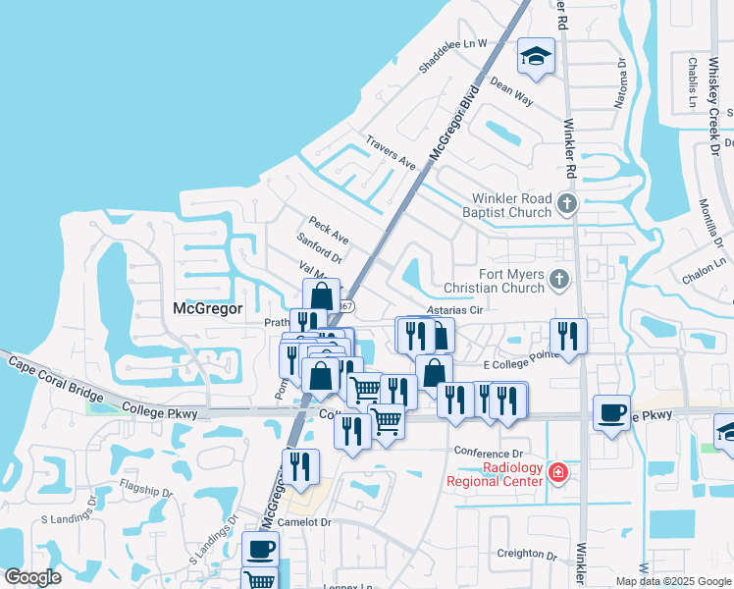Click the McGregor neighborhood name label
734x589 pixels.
click(x=207, y=308)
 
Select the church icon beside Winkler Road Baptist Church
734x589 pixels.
click(x=566, y=203)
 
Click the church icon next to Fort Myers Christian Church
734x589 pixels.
click(x=558, y=280)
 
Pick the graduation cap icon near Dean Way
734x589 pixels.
click(x=536, y=58)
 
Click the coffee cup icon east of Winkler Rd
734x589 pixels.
click(x=612, y=411)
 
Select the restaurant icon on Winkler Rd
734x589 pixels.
click(x=568, y=336)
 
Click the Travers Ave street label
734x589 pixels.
click(x=392, y=153)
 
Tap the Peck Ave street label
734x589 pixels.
click(x=328, y=232)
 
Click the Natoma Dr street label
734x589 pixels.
click(x=621, y=82)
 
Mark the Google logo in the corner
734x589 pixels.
click(x=32, y=577)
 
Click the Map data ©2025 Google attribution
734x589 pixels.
click(x=672, y=581)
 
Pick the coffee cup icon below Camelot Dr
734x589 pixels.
click(x=260, y=548)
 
